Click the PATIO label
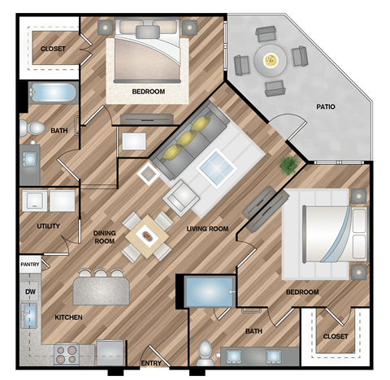(x=326, y=106)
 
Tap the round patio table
(x=269, y=58)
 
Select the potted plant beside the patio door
(x=288, y=166)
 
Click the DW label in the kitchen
(x=30, y=291)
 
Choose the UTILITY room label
(x=48, y=226)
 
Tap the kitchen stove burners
(x=66, y=353)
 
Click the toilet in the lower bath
(x=206, y=351)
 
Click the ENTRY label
(x=151, y=363)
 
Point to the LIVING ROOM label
(x=207, y=229)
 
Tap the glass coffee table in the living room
(x=217, y=167)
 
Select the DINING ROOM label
(x=104, y=235)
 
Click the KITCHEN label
(x=67, y=317)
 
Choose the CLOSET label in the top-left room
(x=53, y=50)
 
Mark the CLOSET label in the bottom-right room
(x=335, y=336)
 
